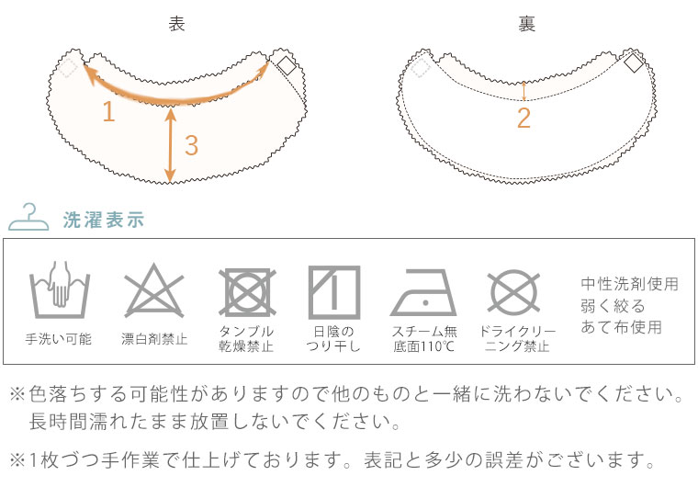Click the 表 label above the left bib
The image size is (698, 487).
click(176, 24)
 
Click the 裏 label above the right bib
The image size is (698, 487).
click(526, 24)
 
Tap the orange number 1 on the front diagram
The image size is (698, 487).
click(108, 111)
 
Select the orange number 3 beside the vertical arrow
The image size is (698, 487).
click(191, 145)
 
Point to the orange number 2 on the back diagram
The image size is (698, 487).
click(523, 118)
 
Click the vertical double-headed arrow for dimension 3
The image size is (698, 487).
click(170, 145)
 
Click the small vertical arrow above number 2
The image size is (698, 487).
click(523, 91)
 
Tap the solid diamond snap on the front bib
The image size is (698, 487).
click(287, 65)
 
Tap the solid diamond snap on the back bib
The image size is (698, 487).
click(634, 62)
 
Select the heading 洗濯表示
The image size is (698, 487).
click(103, 221)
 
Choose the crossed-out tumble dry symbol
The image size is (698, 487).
click(247, 292)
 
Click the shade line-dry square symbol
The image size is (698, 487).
click(334, 292)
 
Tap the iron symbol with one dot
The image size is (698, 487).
click(423, 292)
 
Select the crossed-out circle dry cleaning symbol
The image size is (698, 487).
click(513, 292)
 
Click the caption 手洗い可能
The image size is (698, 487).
click(58, 339)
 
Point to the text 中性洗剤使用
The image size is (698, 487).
click(629, 284)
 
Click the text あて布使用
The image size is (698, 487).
click(622, 327)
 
